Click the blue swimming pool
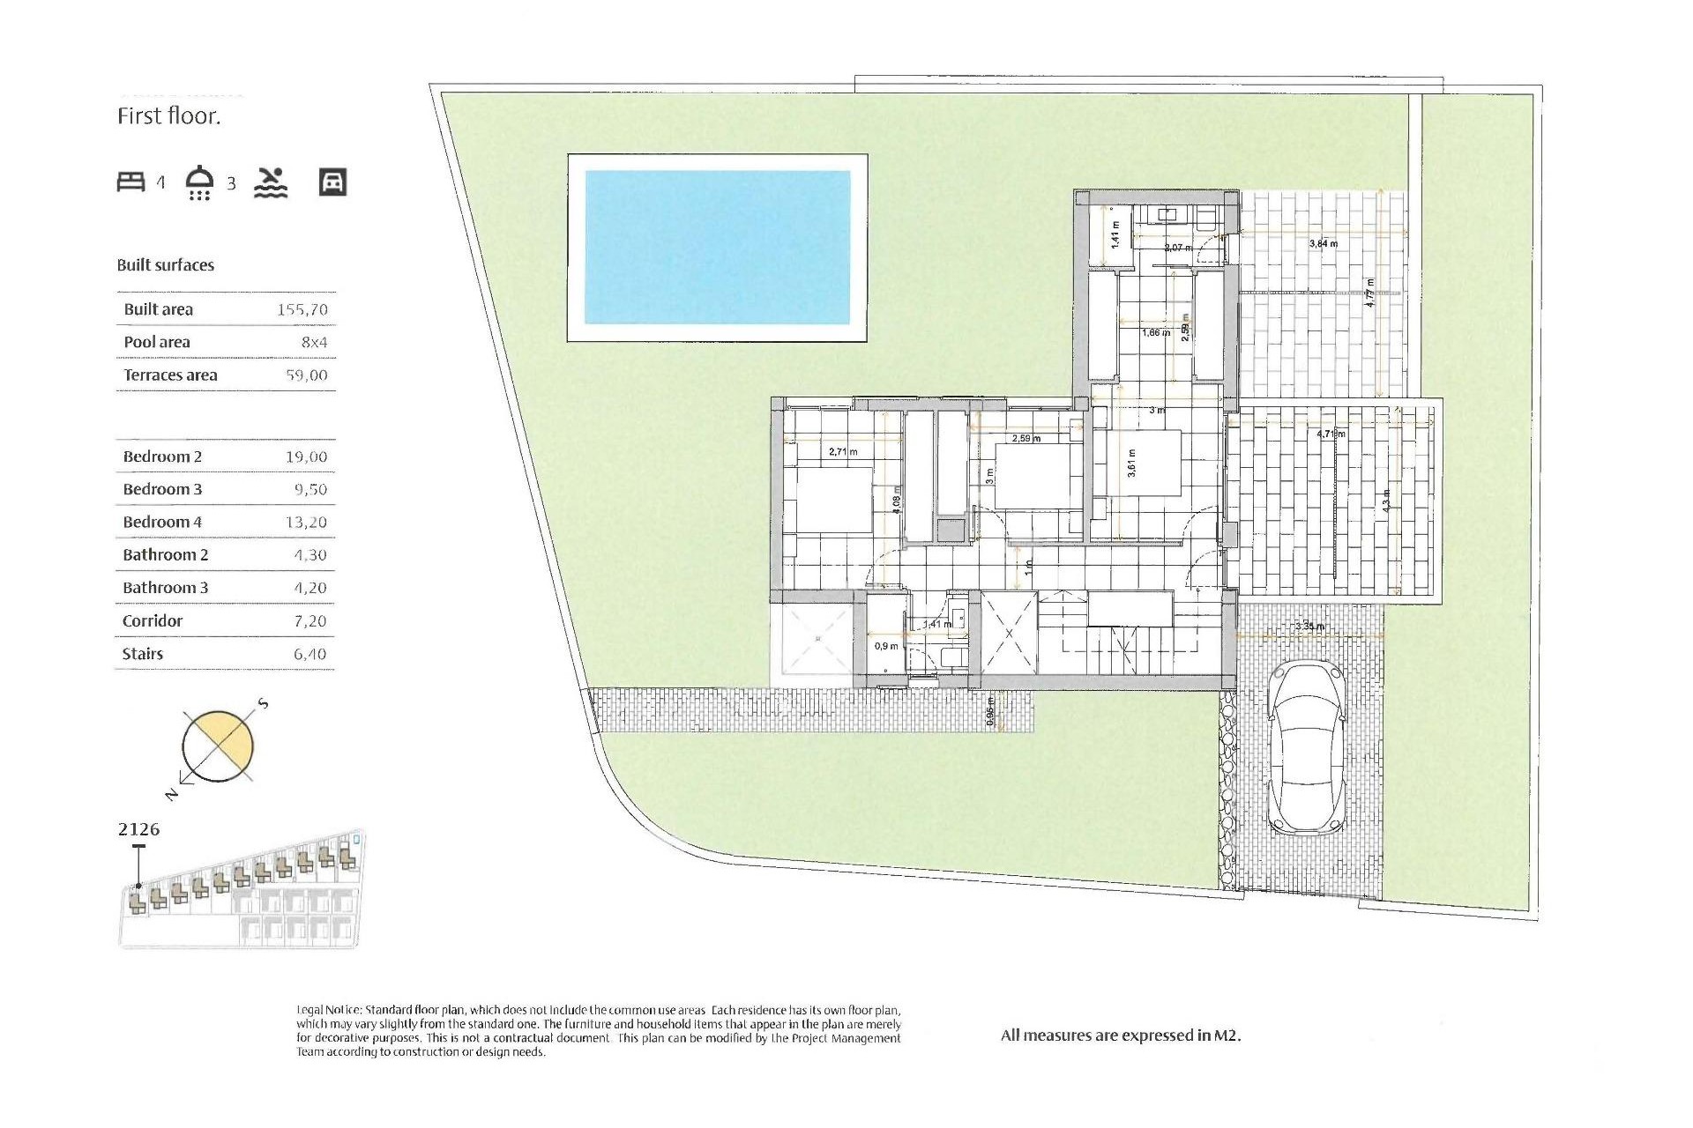pyautogui.click(x=717, y=247)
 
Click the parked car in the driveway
pyautogui.click(x=1307, y=747)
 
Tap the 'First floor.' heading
pyautogui.click(x=168, y=116)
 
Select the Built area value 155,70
pyautogui.click(x=302, y=309)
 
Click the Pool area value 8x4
pyautogui.click(x=314, y=342)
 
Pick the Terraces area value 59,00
pyautogui.click(x=306, y=375)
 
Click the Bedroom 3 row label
pyautogui.click(x=162, y=489)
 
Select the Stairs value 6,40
pyautogui.click(x=310, y=654)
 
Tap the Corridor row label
pyautogui.click(x=153, y=620)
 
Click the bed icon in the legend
pyautogui.click(x=131, y=182)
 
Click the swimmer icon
pyautogui.click(x=271, y=182)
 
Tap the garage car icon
pyautogui.click(x=332, y=182)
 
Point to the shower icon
pyautogui.click(x=200, y=182)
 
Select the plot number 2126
pyautogui.click(x=139, y=829)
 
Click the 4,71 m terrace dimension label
pyautogui.click(x=1331, y=434)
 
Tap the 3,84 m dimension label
pyautogui.click(x=1323, y=243)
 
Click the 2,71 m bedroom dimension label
pyautogui.click(x=843, y=452)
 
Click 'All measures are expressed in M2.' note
pyautogui.click(x=1120, y=1035)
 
